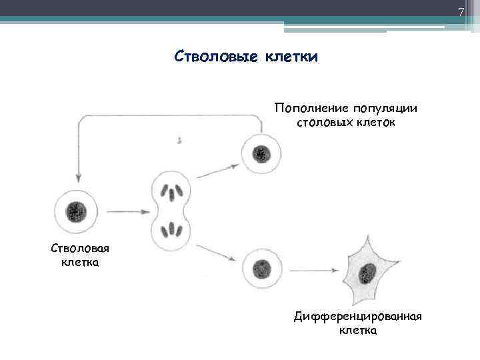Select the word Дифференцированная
click(357, 316)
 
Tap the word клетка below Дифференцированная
click(357, 330)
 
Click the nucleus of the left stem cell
click(75, 213)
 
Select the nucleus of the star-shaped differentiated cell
click(365, 273)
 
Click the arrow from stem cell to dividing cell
click(127, 213)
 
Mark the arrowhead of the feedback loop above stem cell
click(79, 178)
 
